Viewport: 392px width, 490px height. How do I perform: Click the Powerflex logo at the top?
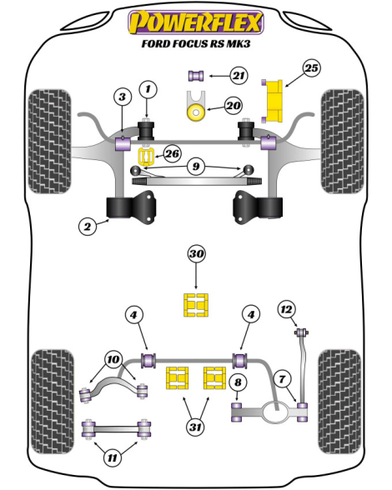coord(196,22)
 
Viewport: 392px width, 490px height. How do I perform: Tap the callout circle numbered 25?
coord(311,68)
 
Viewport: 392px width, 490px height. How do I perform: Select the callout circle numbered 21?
coord(239,76)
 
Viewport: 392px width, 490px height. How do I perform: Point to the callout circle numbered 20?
coord(233,106)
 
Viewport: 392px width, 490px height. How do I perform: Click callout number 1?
coord(148,89)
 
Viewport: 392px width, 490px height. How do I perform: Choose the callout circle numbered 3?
coord(122,97)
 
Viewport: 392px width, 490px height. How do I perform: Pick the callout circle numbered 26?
coord(173,153)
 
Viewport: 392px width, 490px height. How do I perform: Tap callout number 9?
coord(195,167)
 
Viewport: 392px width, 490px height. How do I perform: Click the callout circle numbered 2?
coord(88,226)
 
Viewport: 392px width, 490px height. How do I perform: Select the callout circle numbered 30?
coord(196,254)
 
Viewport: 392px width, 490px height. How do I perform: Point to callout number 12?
coord(286,309)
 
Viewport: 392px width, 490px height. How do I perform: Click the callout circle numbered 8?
coord(238,382)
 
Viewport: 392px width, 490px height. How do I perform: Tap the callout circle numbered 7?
coord(282,379)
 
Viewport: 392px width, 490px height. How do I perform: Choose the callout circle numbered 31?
coord(195,427)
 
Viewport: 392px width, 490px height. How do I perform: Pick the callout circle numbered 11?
coord(112,457)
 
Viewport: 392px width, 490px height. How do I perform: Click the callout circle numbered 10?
coord(113,360)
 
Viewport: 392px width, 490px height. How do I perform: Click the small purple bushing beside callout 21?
coord(196,76)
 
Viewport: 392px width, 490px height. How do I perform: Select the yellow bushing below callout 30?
coord(196,305)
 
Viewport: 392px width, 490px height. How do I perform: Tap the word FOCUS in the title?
coord(182,43)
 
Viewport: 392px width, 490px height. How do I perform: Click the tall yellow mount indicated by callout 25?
coord(273,102)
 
